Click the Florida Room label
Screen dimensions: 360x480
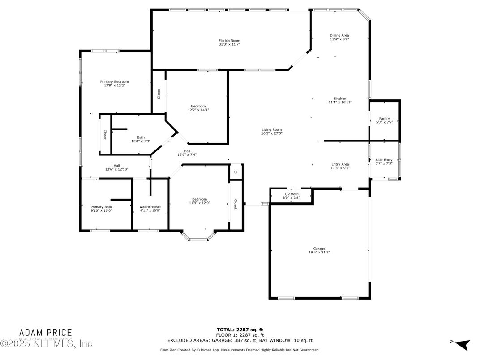[229, 41]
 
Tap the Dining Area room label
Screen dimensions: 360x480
[339, 35]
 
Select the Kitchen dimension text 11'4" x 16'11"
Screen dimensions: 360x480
[340, 103]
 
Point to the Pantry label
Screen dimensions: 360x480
[384, 119]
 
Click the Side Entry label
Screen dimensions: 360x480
[384, 160]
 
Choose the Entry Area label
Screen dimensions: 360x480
[340, 164]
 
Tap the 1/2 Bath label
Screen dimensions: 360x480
[291, 194]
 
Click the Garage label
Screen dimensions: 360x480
[319, 249]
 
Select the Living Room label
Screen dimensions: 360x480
[272, 130]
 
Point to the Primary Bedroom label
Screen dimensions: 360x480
[114, 81]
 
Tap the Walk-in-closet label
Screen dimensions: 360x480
[150, 207]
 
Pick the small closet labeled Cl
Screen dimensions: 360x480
[236, 172]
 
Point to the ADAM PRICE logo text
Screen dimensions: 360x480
[45, 332]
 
